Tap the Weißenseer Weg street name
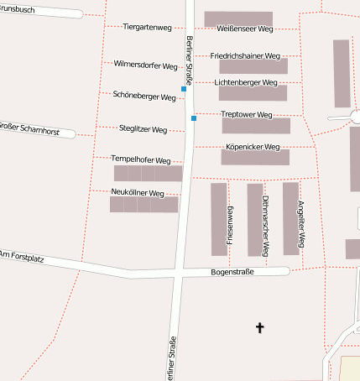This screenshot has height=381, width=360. pos(245,29)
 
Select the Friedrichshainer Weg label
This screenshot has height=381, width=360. pos(246,55)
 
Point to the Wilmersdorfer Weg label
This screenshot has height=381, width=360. pos(146,65)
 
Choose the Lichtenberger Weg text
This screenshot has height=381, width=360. pos(246,83)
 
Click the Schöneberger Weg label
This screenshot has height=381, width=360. pos(144,97)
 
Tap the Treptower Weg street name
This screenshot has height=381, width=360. pos(247,114)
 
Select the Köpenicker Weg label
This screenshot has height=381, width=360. pos(253,146)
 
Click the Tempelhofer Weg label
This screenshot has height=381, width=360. pos(141,159)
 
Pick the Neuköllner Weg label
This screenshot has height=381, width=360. pos(138,192)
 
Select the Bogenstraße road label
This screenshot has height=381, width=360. pos(232,272)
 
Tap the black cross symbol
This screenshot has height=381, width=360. pos(260,327)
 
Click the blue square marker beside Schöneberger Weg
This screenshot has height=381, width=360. pos(184,88)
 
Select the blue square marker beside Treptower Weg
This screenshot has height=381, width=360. pos(194,118)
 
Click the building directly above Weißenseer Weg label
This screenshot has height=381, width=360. pos(238,18)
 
